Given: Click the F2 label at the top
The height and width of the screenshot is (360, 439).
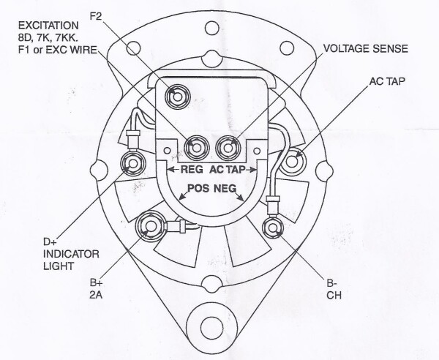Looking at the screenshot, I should pyautogui.click(x=97, y=14).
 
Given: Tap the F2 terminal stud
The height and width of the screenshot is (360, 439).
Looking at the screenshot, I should pyautogui.click(x=176, y=95).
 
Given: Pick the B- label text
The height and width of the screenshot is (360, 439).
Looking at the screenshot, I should pyautogui.click(x=331, y=282).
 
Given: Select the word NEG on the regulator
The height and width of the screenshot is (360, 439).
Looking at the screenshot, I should pyautogui.click(x=227, y=188).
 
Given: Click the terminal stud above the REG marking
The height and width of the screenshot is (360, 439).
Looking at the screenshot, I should pyautogui.click(x=195, y=146).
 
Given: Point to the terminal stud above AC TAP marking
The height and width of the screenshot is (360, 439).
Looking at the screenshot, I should pyautogui.click(x=228, y=146).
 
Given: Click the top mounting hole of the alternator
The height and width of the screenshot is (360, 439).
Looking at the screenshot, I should pyautogui.click(x=213, y=29).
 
